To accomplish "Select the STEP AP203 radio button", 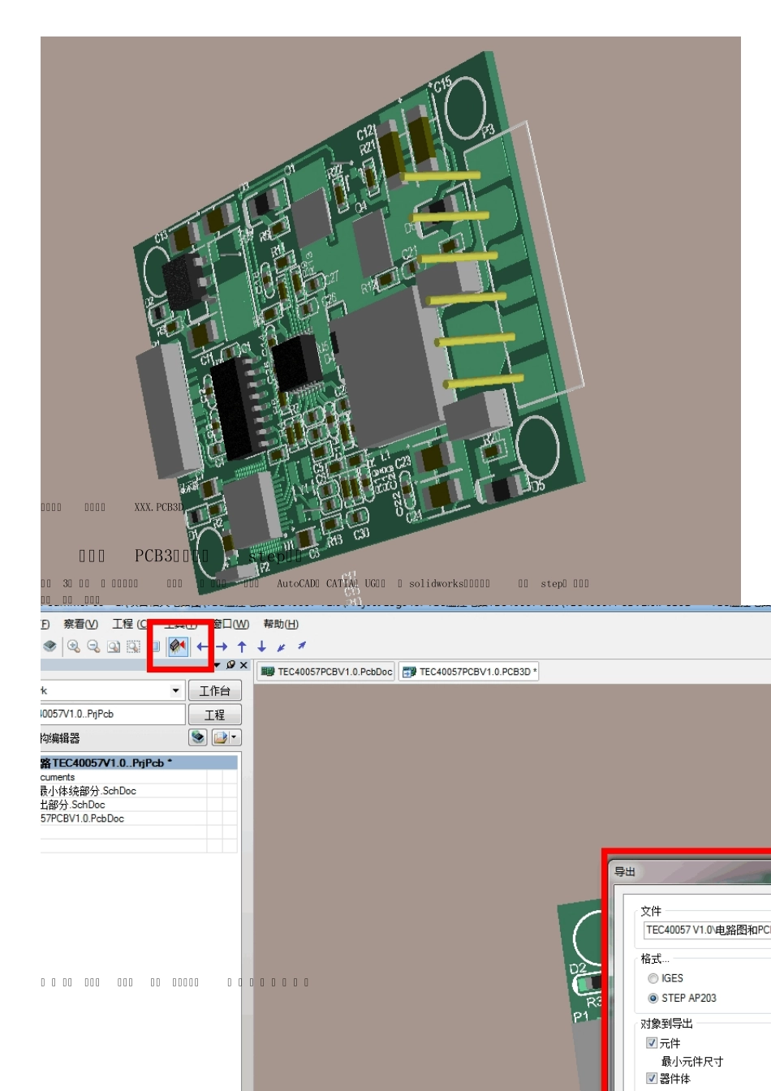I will [x=653, y=999].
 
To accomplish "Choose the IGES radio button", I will [x=653, y=979].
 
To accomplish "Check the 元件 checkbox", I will [x=652, y=1043].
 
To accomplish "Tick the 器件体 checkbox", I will [x=652, y=1078].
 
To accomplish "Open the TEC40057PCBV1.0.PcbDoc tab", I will [x=327, y=672].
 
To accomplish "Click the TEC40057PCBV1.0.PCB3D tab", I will [x=469, y=672].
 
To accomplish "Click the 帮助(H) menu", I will [x=281, y=624].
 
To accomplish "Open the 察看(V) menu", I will [x=80, y=624].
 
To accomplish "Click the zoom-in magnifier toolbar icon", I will [x=74, y=646].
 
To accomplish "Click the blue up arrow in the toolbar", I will [x=242, y=646].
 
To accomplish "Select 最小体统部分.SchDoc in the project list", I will [x=88, y=791].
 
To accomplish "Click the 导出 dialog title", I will [x=625, y=872].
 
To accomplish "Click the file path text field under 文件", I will [x=706, y=930].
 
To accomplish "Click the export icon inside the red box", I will [x=178, y=646].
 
